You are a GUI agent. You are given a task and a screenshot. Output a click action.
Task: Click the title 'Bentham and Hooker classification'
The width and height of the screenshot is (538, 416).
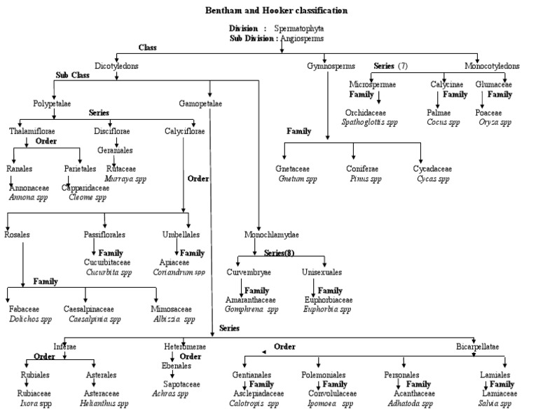[x=275, y=11]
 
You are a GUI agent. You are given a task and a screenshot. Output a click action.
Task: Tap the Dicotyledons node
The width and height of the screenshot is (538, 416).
[x=116, y=66]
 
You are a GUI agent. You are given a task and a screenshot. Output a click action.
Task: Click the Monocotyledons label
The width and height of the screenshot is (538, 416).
[x=492, y=66]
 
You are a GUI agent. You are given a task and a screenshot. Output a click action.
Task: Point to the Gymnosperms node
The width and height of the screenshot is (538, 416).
[x=326, y=66]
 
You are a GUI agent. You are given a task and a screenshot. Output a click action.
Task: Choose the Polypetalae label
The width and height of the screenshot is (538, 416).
[x=52, y=103]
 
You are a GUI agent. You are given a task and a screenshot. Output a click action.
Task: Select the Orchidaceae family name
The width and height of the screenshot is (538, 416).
[x=365, y=112]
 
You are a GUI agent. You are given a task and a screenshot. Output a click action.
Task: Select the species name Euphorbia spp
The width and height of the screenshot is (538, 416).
[x=327, y=309]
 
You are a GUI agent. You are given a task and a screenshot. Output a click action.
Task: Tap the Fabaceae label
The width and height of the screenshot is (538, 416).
[x=25, y=309]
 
